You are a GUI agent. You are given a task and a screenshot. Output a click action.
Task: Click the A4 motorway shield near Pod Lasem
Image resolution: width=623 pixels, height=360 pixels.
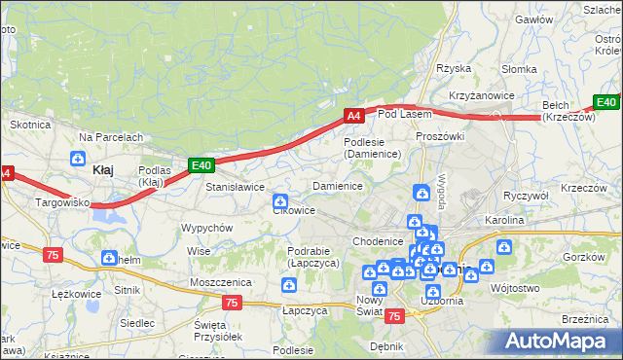point(353,116)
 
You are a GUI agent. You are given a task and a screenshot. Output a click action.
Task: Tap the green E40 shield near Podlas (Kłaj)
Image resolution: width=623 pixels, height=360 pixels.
point(201,165)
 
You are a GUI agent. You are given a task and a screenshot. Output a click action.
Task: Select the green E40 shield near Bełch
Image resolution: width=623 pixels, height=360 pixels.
point(606,102)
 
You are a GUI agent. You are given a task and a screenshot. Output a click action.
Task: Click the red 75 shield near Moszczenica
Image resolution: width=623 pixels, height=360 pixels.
point(231,303)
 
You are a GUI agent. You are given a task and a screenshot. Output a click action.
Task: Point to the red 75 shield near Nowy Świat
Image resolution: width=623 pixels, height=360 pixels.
point(394,316)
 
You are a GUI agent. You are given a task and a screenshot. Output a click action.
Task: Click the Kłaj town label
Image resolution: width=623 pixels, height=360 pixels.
point(102,169)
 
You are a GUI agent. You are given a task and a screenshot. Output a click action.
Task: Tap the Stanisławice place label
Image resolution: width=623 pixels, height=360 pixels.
point(235,186)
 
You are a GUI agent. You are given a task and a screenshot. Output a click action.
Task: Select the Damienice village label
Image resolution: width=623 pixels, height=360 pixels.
point(337,185)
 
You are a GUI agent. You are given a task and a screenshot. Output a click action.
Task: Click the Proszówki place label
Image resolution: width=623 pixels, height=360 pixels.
point(439,136)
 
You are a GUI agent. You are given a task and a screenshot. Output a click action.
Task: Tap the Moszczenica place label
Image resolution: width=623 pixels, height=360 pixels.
point(221,281)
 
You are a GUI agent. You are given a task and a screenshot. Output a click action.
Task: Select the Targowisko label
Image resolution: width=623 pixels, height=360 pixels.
point(62,202)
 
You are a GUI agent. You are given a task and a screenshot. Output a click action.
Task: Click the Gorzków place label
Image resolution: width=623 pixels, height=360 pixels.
point(584,257)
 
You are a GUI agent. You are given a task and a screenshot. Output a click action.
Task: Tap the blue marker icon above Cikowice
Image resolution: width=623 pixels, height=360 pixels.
point(279,200)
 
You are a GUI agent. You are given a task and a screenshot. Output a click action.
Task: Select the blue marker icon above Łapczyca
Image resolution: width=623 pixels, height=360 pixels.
point(289,285)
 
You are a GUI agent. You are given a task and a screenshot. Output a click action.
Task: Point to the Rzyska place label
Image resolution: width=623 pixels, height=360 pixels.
point(454,68)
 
